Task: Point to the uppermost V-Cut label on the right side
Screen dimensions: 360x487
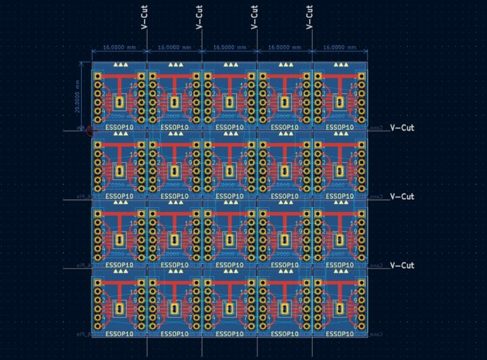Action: click(402, 127)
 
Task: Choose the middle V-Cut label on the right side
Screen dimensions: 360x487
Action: click(402, 196)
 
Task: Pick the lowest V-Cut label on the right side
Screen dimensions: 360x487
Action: click(402, 265)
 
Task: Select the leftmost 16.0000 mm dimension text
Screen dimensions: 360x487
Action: click(119, 48)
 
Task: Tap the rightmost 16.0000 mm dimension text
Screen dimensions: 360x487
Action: click(340, 48)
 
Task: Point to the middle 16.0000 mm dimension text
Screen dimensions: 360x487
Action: click(229, 48)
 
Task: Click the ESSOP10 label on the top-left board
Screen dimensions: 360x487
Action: click(120, 127)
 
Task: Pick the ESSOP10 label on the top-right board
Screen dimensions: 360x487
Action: click(340, 127)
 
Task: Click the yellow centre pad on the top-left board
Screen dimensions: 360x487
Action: click(120, 102)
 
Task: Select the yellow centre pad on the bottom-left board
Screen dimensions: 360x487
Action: click(120, 309)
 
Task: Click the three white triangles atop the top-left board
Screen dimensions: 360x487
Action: click(120, 64)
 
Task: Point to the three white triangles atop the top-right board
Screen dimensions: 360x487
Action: click(340, 64)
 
